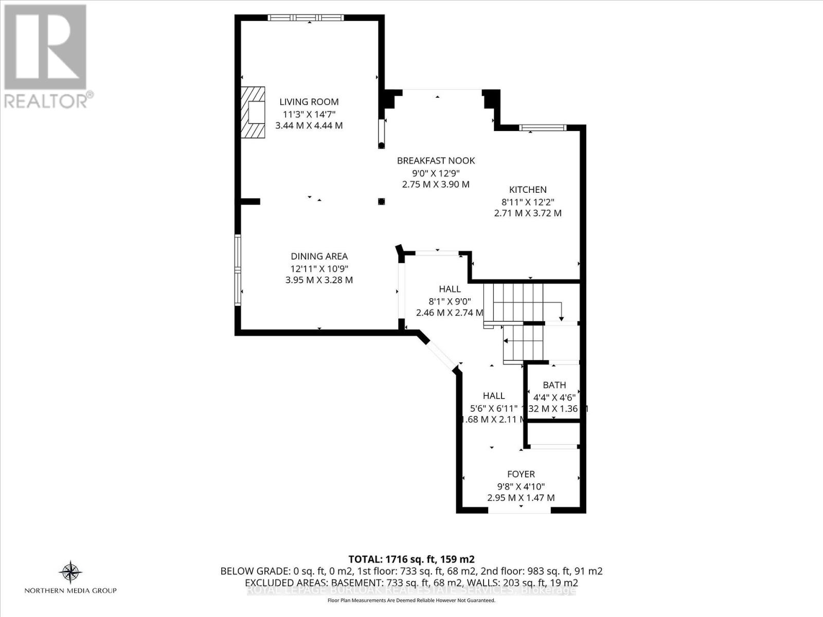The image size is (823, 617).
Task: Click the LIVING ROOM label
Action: click(x=309, y=102)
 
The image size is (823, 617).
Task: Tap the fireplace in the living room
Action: click(x=254, y=113)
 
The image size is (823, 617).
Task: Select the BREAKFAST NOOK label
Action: click(x=436, y=160)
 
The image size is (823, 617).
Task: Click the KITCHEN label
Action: click(x=528, y=190)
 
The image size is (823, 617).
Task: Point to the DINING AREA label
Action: click(x=319, y=256)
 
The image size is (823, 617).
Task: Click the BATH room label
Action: click(x=554, y=385)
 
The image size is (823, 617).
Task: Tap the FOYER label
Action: click(x=521, y=474)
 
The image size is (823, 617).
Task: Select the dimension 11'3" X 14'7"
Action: click(x=309, y=114)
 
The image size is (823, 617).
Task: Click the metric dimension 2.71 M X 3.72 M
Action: click(x=528, y=213)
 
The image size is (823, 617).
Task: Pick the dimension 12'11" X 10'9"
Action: click(x=319, y=268)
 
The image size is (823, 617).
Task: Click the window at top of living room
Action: click(x=306, y=17)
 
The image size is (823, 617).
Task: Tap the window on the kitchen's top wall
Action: click(x=542, y=128)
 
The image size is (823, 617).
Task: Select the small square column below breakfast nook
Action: click(x=381, y=202)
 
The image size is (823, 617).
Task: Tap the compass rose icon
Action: click(x=70, y=572)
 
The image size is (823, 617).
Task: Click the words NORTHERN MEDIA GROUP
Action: click(x=70, y=591)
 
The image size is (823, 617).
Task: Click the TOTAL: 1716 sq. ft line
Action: click(x=411, y=559)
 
